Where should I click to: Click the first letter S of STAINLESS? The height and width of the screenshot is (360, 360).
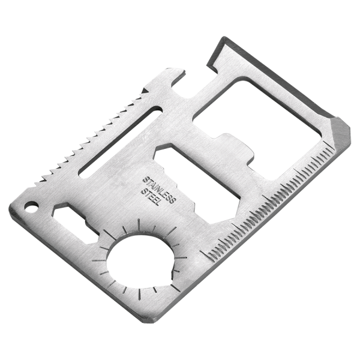pos(143,179)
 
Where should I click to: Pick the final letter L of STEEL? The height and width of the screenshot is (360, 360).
pos(157,206)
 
